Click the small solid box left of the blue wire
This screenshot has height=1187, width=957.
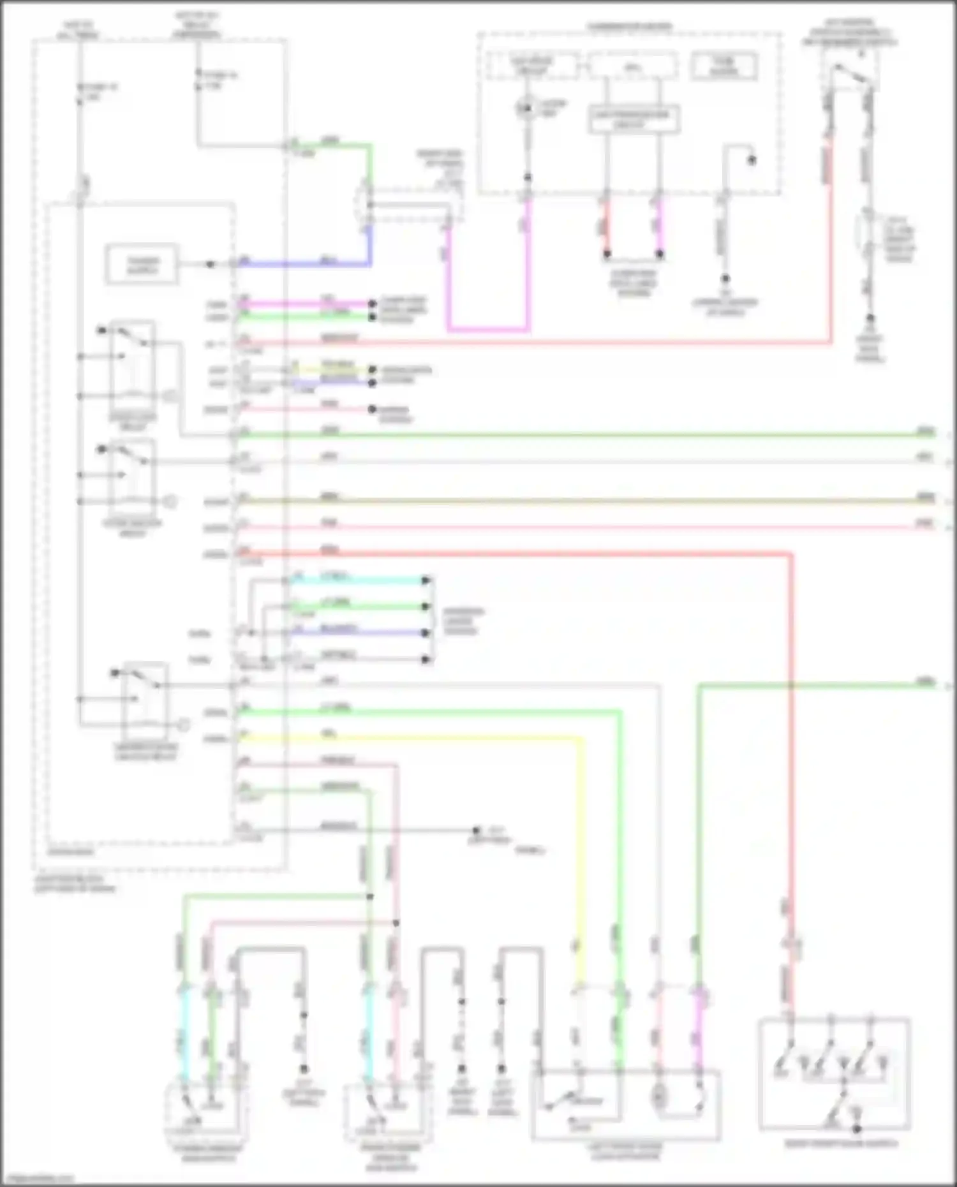[x=142, y=263]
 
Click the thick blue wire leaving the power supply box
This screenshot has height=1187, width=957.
[x=306, y=263]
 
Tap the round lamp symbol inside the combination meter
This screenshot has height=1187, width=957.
[x=525, y=108]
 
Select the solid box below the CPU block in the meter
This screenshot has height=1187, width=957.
[x=634, y=120]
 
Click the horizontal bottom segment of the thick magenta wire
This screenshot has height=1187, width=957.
[x=488, y=330]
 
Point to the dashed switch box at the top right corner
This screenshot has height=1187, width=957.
[x=850, y=70]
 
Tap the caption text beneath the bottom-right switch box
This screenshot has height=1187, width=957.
[x=841, y=1144]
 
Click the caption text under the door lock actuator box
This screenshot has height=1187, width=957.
[x=625, y=1151]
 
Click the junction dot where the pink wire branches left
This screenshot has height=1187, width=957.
[x=396, y=922]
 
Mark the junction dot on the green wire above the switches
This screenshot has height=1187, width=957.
[x=369, y=896]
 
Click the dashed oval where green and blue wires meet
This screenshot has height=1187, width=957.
[x=367, y=204]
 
